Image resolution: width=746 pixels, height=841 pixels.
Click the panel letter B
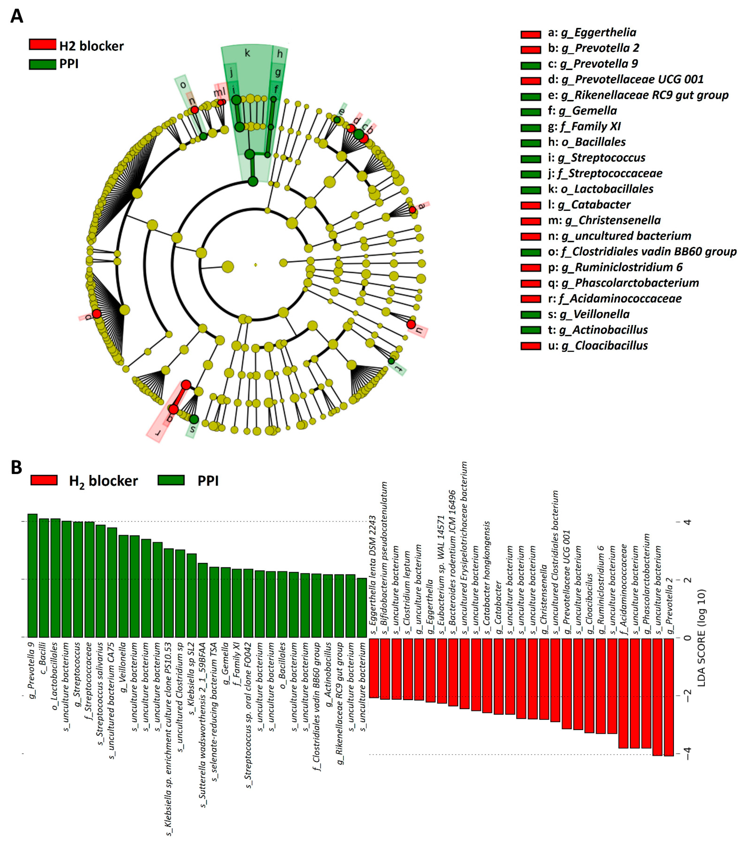(x=16, y=467)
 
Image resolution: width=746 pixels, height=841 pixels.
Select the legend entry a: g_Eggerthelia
(x=592, y=32)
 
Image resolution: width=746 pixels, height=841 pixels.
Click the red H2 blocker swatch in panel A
(x=42, y=44)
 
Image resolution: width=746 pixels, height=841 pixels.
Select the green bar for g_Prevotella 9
(x=32, y=575)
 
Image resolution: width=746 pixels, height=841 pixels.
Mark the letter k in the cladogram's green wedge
(x=247, y=53)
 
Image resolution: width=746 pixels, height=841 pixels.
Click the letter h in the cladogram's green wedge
(x=280, y=54)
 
